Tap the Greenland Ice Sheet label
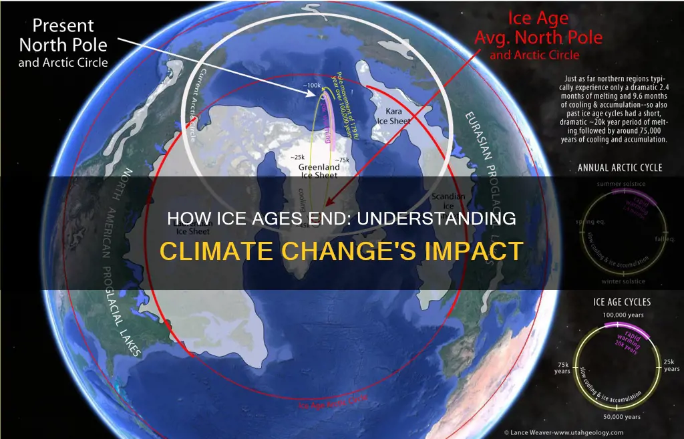point(319,163)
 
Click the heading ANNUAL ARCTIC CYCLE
point(619,167)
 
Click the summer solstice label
point(619,183)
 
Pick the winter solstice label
point(619,281)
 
